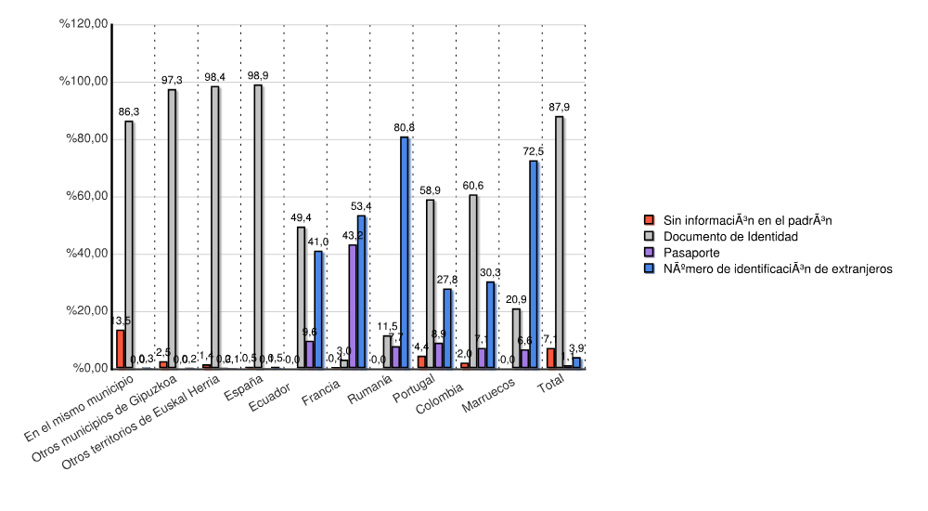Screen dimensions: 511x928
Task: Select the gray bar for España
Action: click(258, 227)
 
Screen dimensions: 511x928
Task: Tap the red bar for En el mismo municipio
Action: click(121, 349)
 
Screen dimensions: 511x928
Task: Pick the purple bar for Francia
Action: click(353, 307)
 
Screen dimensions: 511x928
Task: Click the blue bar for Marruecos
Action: click(534, 265)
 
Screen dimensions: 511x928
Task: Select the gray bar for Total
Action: click(559, 242)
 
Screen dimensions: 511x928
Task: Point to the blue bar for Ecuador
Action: click(318, 310)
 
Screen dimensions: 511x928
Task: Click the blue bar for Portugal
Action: click(447, 329)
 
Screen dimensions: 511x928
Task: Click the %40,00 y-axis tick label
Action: click(84, 254)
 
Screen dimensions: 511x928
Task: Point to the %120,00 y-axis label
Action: click(84, 24)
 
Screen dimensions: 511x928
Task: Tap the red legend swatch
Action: click(650, 221)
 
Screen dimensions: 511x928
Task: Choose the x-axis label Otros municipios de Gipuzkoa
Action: click(121, 417)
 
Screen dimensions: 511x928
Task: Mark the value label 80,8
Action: click(405, 127)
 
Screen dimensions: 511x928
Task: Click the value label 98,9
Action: click(258, 75)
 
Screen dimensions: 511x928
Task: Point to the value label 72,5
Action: click(534, 151)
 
